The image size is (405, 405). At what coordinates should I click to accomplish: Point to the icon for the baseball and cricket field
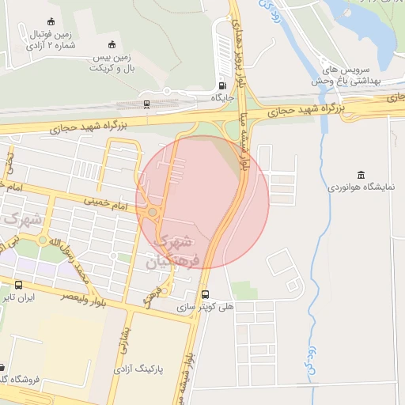[112, 44]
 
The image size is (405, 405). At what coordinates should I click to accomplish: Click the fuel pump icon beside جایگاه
[221, 85]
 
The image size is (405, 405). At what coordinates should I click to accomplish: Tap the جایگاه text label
[220, 98]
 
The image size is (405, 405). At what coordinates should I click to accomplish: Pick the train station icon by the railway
[147, 104]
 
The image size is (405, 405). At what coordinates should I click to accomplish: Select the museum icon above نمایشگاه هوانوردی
[361, 175]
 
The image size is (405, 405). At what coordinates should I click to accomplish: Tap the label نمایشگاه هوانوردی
[361, 190]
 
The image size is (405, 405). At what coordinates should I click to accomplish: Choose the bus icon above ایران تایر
[18, 285]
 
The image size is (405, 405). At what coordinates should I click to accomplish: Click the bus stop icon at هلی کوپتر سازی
[206, 292]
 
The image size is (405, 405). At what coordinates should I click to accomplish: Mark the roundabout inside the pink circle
[152, 212]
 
